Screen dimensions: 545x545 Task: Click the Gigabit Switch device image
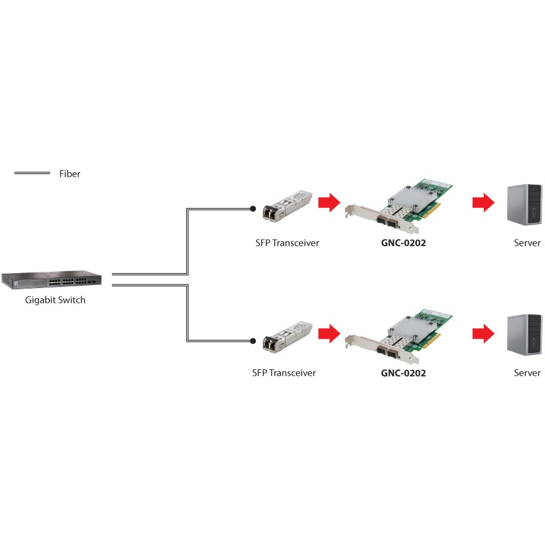(51, 280)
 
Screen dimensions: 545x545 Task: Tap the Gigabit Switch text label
(55, 300)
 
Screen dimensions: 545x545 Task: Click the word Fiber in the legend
(69, 174)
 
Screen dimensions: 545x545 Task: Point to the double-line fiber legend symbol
(32, 173)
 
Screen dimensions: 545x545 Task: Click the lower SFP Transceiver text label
(284, 373)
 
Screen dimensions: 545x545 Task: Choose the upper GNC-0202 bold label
(403, 243)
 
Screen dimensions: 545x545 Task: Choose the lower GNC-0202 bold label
(403, 373)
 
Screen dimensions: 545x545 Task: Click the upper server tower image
(524, 204)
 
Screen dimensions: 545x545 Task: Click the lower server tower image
(524, 335)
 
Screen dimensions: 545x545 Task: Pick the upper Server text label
(527, 243)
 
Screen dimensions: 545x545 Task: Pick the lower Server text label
(527, 373)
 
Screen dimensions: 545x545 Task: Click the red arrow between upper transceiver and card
(327, 203)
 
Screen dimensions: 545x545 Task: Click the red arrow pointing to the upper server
(483, 203)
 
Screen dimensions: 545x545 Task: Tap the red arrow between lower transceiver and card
(327, 333)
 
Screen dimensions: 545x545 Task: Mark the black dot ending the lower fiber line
(253, 341)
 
